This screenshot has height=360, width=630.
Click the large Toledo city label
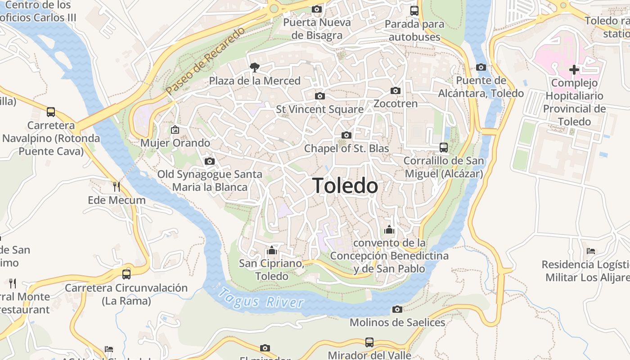(x=345, y=185)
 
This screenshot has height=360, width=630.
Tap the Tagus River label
(x=261, y=298)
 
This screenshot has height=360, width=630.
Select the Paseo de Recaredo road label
(x=206, y=61)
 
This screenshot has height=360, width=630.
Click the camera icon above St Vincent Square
(x=320, y=96)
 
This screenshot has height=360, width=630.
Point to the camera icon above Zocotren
(x=396, y=90)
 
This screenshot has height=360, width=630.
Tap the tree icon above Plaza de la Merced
(x=255, y=67)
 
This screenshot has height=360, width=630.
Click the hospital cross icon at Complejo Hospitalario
(x=574, y=70)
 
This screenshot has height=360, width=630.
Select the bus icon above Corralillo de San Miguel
(x=444, y=147)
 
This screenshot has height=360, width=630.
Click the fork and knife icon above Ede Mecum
(x=117, y=186)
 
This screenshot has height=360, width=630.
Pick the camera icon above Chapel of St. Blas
(x=346, y=135)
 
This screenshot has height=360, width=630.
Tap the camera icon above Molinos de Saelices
(x=397, y=309)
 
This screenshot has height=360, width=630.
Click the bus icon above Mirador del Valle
(x=369, y=342)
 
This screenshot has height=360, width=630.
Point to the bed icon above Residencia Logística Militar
(x=591, y=251)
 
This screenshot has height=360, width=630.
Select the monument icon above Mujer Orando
(x=175, y=130)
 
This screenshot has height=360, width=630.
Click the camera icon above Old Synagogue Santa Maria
(x=209, y=161)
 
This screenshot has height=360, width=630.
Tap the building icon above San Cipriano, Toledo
(x=271, y=250)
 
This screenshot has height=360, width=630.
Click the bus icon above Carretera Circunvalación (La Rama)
(x=126, y=274)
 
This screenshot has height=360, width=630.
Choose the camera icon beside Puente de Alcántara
(x=481, y=67)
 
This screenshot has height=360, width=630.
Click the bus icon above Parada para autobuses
(x=414, y=11)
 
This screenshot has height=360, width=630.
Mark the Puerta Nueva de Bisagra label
(x=317, y=29)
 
